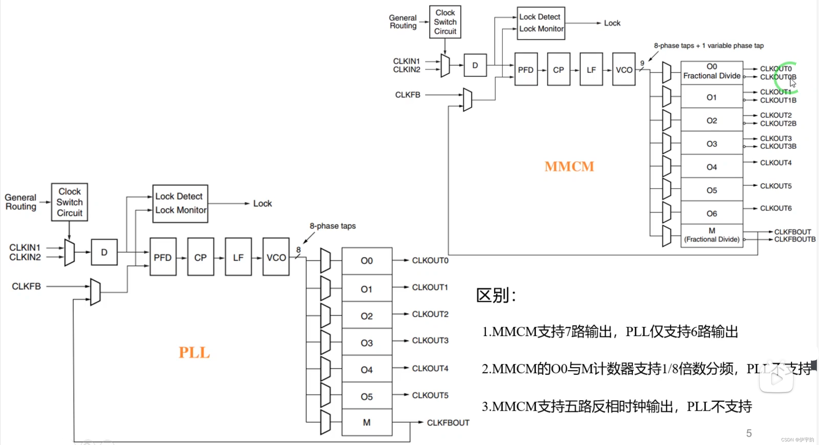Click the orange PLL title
(x=194, y=353)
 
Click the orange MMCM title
(x=569, y=166)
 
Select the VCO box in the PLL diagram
(x=276, y=257)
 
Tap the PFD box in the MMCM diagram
(x=526, y=69)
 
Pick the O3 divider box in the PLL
(x=367, y=343)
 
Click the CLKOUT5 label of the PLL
(x=430, y=395)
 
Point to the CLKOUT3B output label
(x=778, y=146)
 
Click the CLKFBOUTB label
(x=795, y=239)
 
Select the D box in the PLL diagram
(x=104, y=252)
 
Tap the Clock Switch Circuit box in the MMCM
(x=445, y=22)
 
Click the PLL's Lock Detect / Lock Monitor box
(x=180, y=203)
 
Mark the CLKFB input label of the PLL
(x=26, y=286)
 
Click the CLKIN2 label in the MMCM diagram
(x=406, y=69)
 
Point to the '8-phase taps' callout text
(x=332, y=226)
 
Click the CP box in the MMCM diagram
(x=558, y=69)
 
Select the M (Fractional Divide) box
(x=711, y=235)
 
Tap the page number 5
(x=749, y=433)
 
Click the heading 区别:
(x=496, y=295)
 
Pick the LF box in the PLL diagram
(x=238, y=257)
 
